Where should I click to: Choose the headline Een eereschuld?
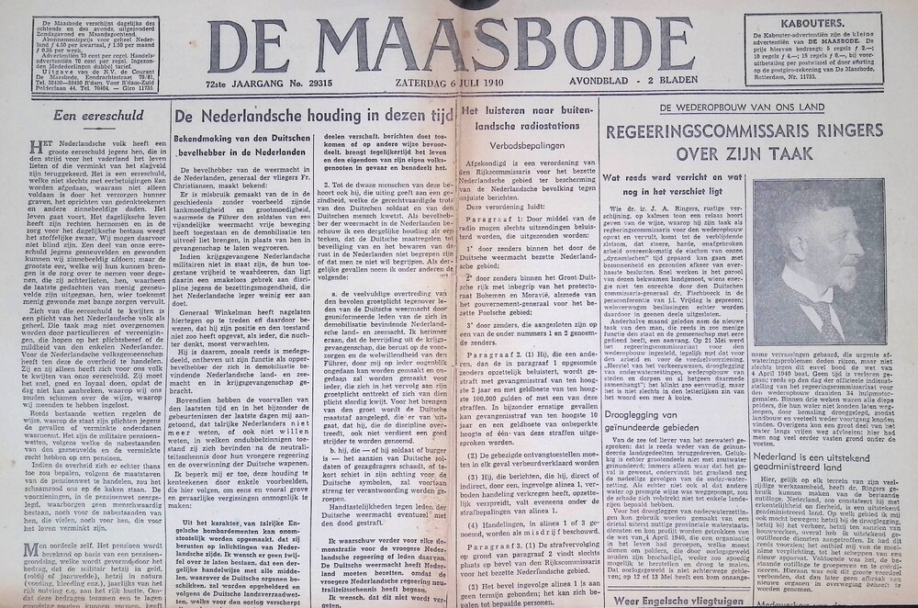tap(90, 116)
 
